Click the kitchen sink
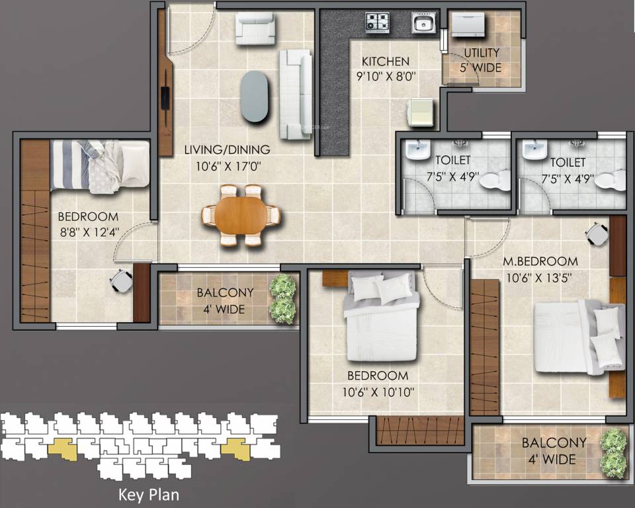422,23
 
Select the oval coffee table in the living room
255,97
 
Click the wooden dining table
241,215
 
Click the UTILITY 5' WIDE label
482,60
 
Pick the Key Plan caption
148,494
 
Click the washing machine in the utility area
468,26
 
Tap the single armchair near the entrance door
255,30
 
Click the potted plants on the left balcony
283,299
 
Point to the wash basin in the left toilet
419,152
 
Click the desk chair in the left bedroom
121,280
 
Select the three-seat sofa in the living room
295,94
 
